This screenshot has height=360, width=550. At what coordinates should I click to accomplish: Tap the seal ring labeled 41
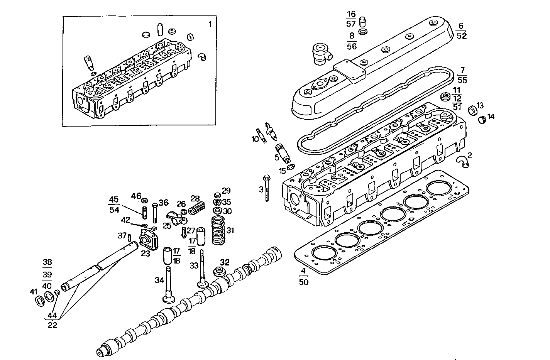point(40,301)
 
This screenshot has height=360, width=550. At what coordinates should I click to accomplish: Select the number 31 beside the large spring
point(230,231)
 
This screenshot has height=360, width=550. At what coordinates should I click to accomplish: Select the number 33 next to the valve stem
point(194,266)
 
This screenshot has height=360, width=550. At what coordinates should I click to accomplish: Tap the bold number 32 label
point(225,263)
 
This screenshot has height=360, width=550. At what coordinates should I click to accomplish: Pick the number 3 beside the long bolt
point(261,189)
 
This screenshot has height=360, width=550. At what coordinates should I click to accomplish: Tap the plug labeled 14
point(481,120)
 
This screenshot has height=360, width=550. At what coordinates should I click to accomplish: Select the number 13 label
point(480,105)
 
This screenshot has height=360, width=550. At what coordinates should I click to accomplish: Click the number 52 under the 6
point(462,36)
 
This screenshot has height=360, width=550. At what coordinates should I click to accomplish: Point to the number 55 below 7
point(462,80)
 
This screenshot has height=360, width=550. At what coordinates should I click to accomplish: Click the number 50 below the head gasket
point(303,282)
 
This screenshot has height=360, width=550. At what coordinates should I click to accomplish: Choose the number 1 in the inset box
point(210,24)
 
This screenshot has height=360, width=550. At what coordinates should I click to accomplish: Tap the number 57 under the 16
point(351,24)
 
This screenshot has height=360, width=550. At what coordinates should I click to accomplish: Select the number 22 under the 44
point(52,325)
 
